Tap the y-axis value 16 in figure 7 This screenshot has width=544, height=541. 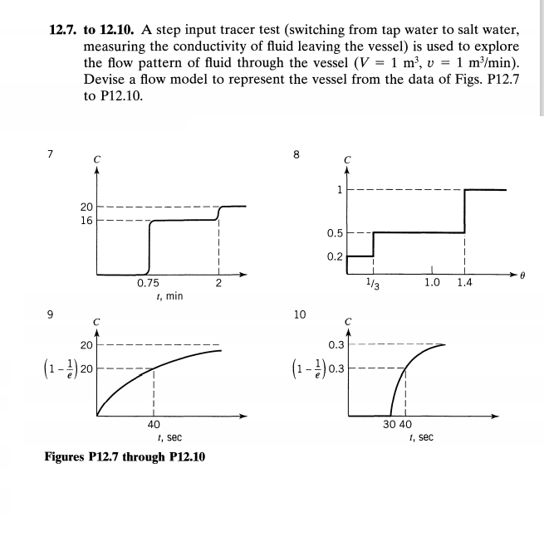coord(86,221)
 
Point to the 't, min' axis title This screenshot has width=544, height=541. coord(169,296)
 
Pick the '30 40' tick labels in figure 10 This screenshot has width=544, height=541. coord(397,423)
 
